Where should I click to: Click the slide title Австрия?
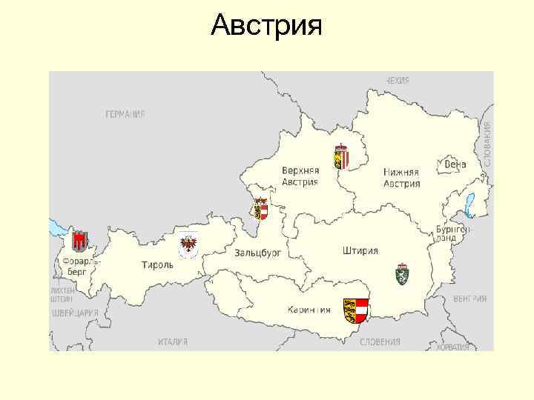[266, 27]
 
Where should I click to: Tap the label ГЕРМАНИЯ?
[125, 114]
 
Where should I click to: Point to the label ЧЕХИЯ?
[398, 79]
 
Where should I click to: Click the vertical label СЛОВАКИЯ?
[487, 144]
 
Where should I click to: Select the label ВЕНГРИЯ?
[469, 299]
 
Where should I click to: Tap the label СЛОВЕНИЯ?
[380, 342]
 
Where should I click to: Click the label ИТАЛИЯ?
[173, 342]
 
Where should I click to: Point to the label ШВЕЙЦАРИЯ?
[74, 313]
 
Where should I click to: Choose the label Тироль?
[158, 264]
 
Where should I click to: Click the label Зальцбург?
[258, 253]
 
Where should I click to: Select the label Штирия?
[360, 250]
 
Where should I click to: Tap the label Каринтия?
[308, 309]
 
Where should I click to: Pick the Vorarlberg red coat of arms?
[79, 241]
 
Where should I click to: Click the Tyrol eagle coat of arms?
[189, 242]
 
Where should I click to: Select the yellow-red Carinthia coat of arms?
[356, 310]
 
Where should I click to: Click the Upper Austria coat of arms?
[341, 156]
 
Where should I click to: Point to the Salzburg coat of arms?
[260, 208]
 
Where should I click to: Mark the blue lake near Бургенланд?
[469, 201]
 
